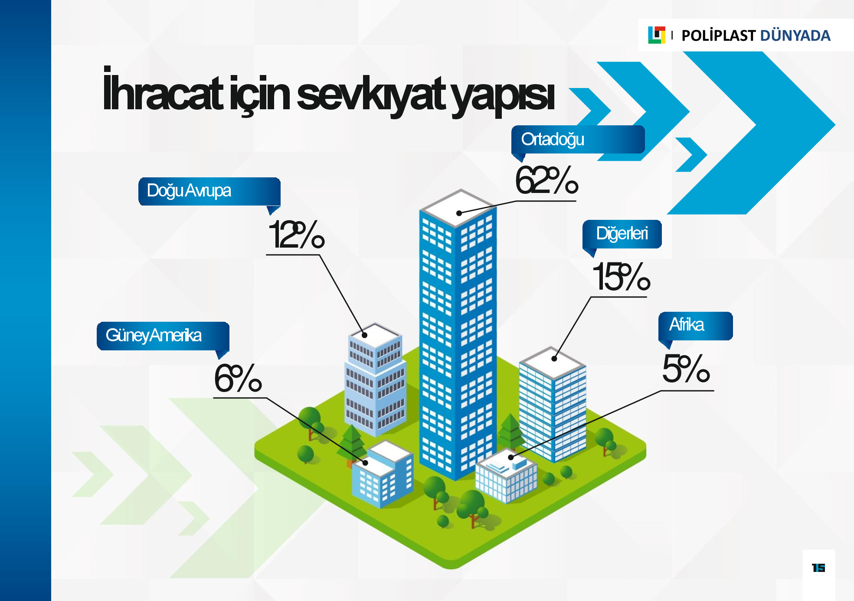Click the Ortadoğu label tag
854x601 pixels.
578,140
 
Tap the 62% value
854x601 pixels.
546,180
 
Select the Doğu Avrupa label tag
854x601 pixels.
209,191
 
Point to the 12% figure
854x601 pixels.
297,235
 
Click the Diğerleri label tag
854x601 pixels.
622,234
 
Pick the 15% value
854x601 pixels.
621,277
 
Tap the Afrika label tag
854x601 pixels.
696,326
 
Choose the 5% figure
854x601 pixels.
686,369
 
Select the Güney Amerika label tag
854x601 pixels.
163,336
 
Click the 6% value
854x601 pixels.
238,378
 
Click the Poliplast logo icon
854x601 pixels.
656,35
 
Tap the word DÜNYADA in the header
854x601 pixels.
795,36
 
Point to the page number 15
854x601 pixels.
818,568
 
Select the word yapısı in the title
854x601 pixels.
503,96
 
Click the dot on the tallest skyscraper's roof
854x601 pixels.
459,213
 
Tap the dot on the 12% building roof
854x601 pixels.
365,335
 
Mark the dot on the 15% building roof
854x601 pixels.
554,359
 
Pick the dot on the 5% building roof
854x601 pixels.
511,457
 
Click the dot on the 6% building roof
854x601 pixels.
365,463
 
